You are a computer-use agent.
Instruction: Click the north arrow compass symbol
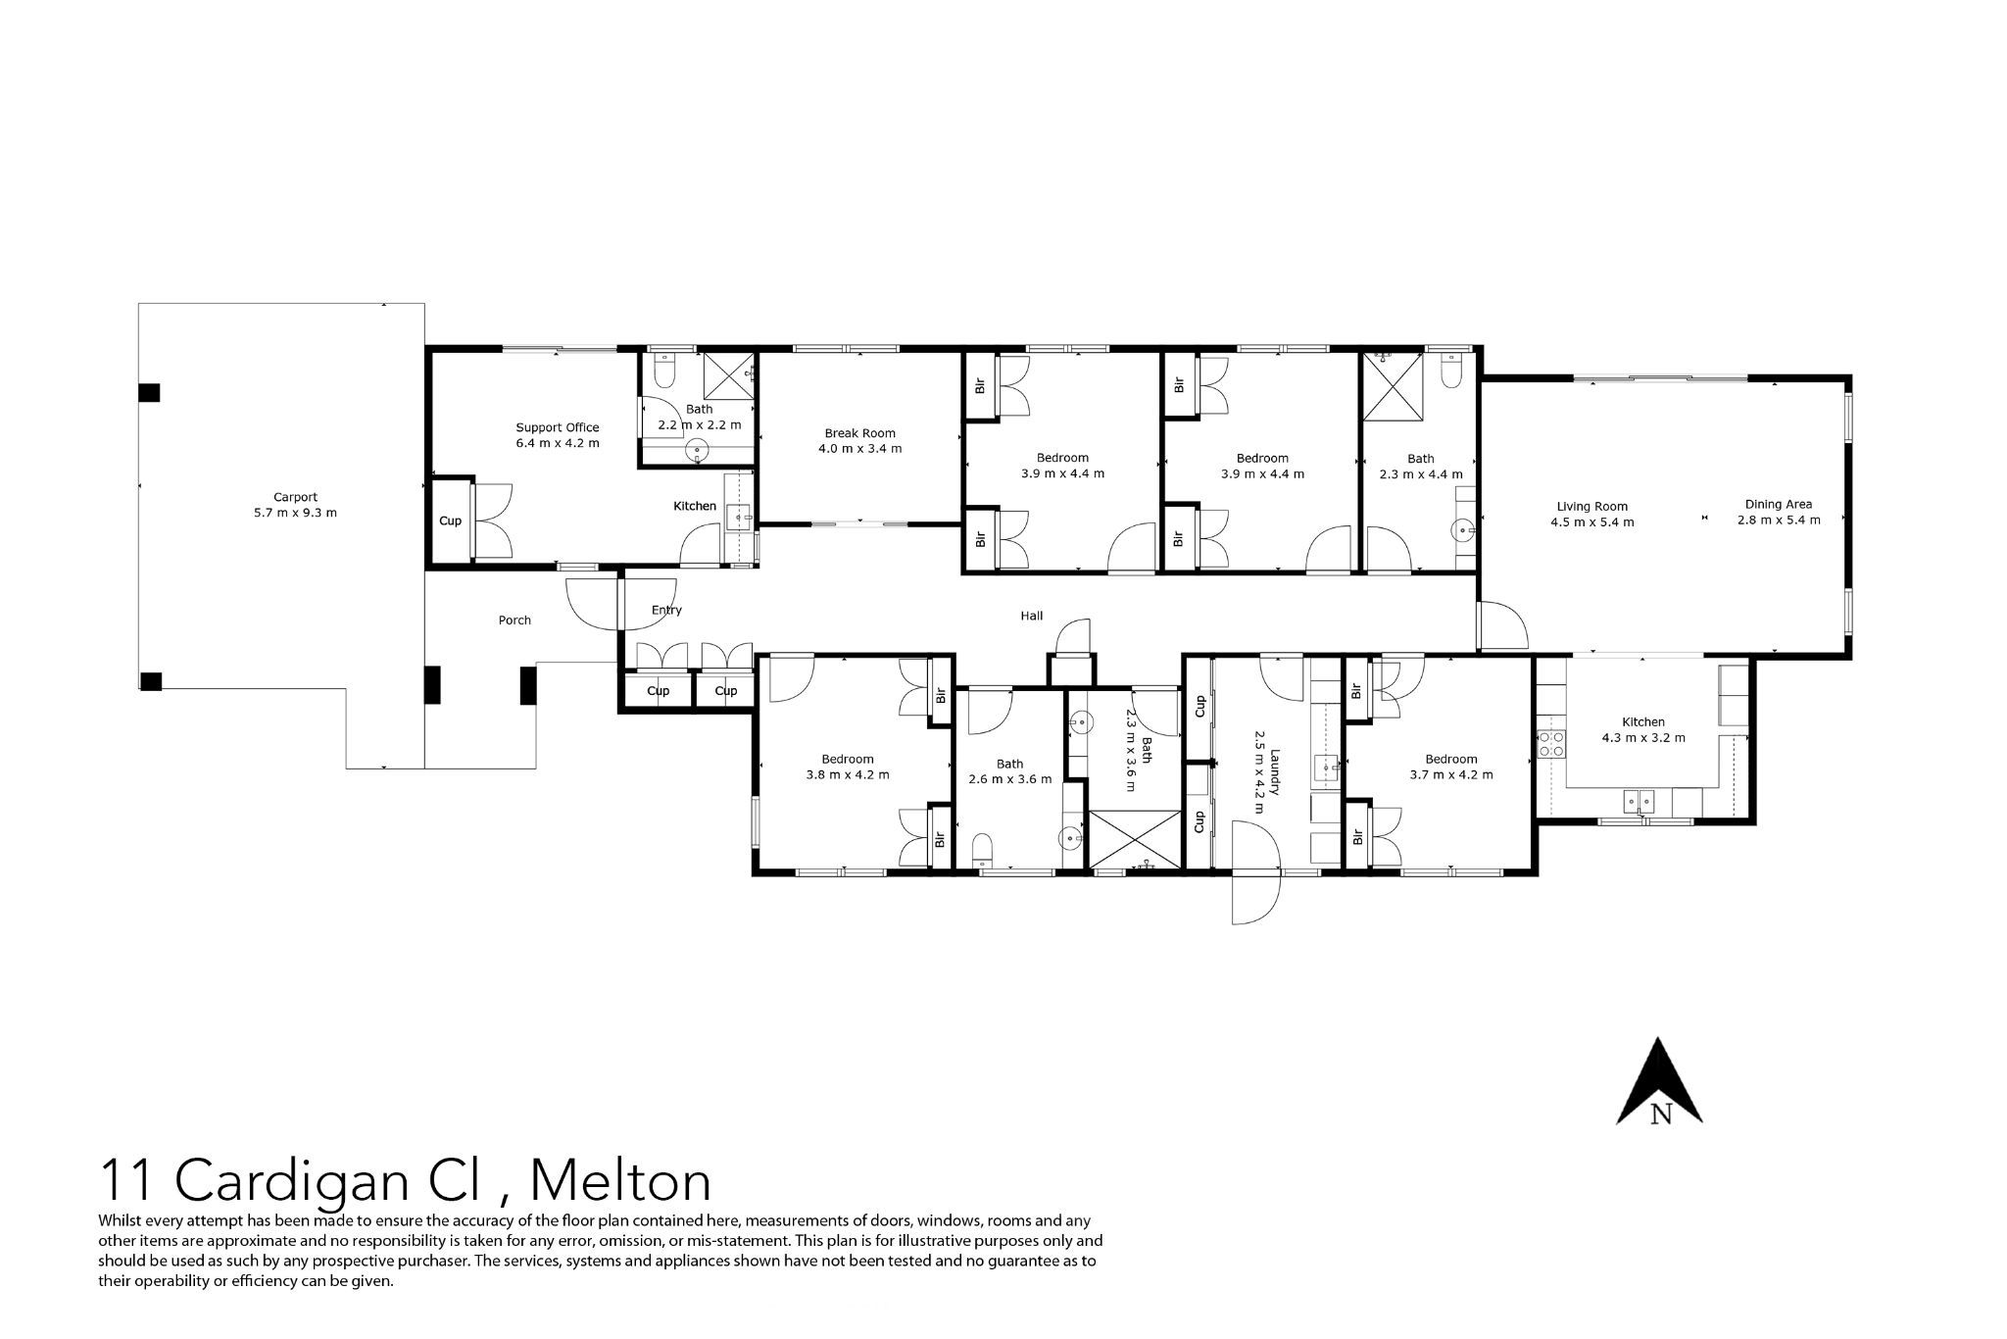pos(1659,1081)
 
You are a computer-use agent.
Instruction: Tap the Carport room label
pos(295,497)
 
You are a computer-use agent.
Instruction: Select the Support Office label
pos(558,427)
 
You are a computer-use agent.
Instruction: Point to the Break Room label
pos(859,433)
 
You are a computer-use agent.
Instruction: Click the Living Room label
pos(1591,507)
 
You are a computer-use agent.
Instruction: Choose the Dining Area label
pos(1778,505)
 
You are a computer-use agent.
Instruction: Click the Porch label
pos(514,620)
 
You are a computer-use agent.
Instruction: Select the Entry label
pos(666,610)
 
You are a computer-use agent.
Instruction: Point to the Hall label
pos(1031,616)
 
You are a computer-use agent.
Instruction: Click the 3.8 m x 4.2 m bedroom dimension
pos(848,774)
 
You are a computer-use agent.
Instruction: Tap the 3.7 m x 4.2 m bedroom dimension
pos(1451,774)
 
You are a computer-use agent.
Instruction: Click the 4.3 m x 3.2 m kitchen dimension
pos(1643,738)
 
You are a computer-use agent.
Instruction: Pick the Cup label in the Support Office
pos(450,521)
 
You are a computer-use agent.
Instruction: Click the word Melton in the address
pos(620,1180)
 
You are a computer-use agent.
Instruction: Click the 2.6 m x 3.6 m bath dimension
pos(1009,779)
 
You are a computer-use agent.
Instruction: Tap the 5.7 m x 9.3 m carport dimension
pos(295,513)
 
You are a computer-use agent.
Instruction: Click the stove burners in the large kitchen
pos(1550,744)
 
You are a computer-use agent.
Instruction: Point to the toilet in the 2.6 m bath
pos(982,850)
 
